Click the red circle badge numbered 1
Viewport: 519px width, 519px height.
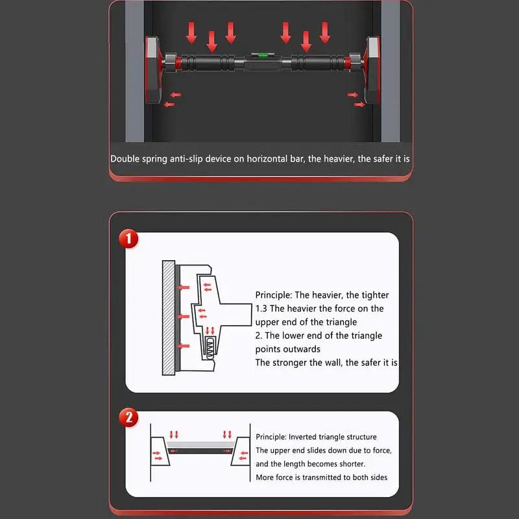pos(128,239)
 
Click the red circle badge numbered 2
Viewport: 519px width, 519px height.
pos(128,417)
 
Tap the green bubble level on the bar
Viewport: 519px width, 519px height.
pos(263,55)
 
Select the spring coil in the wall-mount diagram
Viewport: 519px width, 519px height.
pos(210,347)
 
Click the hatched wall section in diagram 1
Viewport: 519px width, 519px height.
pos(169,318)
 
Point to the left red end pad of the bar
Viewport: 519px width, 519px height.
pos(152,69)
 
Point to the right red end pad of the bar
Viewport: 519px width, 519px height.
pos(372,69)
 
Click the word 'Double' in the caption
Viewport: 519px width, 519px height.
pos(125,159)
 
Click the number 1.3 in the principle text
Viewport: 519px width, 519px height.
pos(261,309)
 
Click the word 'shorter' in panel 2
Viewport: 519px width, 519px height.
pos(351,464)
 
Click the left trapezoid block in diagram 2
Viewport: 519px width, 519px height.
pos(160,452)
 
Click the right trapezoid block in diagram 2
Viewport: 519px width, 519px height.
pos(241,452)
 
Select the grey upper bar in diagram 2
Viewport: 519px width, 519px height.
pos(200,445)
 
